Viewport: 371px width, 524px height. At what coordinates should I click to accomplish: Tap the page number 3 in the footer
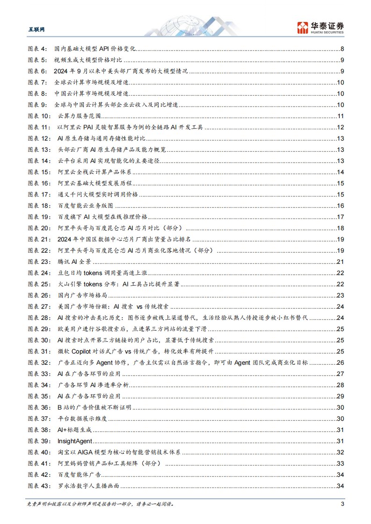point(343,503)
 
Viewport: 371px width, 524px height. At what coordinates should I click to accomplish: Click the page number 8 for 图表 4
point(343,49)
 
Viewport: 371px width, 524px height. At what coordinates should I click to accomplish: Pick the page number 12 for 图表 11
point(341,127)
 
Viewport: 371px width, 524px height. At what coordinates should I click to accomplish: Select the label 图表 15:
point(39,172)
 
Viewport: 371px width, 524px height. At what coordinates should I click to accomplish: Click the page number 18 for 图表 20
point(341,228)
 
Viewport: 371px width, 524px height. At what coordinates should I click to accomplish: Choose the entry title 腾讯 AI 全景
point(75,262)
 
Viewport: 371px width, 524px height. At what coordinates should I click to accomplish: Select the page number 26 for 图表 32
point(341,362)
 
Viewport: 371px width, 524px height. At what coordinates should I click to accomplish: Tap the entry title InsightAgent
point(75,441)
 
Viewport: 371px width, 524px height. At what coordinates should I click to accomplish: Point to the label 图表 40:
point(39,452)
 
